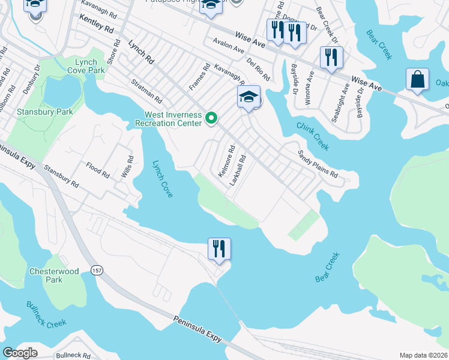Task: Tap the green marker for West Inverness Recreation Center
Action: point(211,119)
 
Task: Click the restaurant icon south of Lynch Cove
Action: point(219,248)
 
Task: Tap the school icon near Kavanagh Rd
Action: point(249,97)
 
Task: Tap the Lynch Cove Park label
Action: point(89,66)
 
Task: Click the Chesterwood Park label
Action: point(54,275)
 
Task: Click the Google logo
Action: point(20,353)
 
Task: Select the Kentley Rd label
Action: point(96,25)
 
